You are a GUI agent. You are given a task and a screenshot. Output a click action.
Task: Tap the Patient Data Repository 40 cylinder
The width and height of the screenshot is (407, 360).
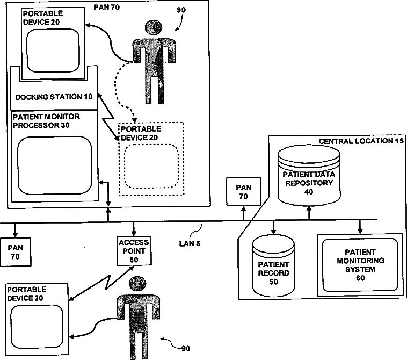tap(309, 178)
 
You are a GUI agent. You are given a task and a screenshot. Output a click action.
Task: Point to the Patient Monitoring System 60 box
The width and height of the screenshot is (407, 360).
tap(359, 264)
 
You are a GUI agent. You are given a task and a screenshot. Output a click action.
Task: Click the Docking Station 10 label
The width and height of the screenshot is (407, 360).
tap(54, 97)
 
